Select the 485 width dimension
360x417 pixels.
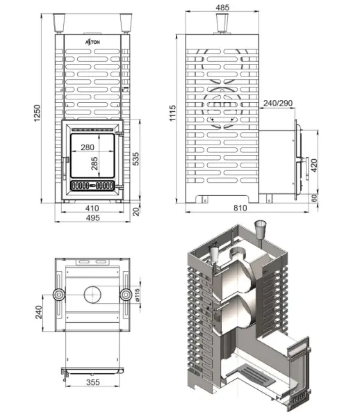click(222, 8)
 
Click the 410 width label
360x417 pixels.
click(92, 208)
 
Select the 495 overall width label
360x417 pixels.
click(92, 218)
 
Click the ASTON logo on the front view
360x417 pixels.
click(92, 42)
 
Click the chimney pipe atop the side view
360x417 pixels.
click(222, 26)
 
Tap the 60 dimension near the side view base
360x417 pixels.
click(314, 198)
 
